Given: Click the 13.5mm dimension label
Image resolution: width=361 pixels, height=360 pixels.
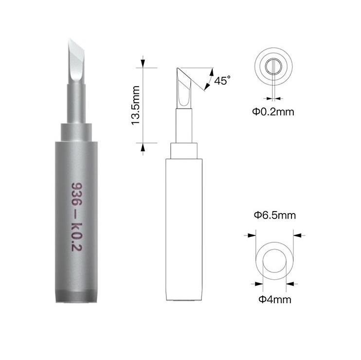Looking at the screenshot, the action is pyautogui.click(x=135, y=105).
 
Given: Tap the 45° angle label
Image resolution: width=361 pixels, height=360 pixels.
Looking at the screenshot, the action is pyautogui.click(x=222, y=80).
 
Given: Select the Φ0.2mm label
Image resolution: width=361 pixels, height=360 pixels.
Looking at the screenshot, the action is pyautogui.click(x=273, y=112).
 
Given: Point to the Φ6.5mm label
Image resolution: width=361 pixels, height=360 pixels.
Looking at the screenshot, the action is pyautogui.click(x=275, y=215).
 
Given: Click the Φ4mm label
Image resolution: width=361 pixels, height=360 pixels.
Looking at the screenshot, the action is pyautogui.click(x=275, y=300).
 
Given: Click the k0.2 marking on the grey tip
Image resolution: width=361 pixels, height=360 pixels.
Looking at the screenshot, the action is pyautogui.click(x=77, y=237).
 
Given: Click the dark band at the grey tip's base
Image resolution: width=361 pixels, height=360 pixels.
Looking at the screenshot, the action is pyautogui.click(x=76, y=296).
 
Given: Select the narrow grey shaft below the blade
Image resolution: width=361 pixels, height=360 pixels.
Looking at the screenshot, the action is pyautogui.click(x=76, y=104).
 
